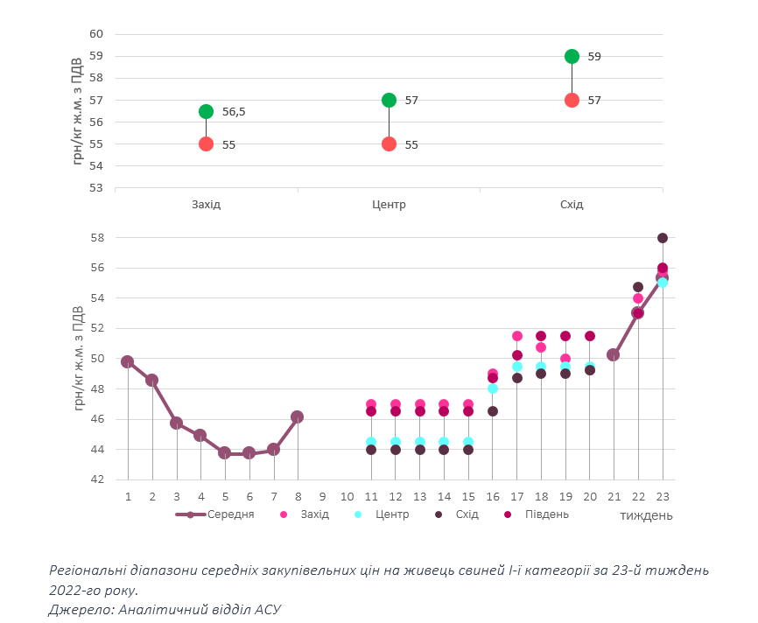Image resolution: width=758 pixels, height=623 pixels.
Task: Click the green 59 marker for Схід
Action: [572, 56]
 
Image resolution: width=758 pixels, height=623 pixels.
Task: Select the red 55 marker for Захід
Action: [206, 143]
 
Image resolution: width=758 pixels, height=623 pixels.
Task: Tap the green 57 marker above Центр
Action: [389, 100]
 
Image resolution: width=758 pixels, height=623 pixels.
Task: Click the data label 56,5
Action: [234, 111]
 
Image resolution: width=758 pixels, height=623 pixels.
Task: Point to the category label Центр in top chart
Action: [389, 205]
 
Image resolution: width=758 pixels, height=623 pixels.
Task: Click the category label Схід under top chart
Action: [572, 205]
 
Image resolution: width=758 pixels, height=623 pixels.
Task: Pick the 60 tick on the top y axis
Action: [96, 33]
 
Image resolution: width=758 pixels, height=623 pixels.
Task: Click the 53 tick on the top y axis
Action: [96, 187]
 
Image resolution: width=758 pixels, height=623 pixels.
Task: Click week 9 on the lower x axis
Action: [322, 496]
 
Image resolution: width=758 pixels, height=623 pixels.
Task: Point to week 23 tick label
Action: [663, 496]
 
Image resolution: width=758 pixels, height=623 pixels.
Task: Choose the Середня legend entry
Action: [230, 514]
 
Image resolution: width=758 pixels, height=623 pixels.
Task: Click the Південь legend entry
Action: [546, 514]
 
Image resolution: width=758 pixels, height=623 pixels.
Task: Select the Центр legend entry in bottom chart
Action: [392, 514]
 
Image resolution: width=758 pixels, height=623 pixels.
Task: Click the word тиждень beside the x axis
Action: [646, 514]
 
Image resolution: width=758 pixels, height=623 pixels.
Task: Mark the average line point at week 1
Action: [128, 361]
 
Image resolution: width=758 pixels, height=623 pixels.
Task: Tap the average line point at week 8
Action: [298, 417]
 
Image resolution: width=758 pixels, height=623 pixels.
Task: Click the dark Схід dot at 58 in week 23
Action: [663, 238]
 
